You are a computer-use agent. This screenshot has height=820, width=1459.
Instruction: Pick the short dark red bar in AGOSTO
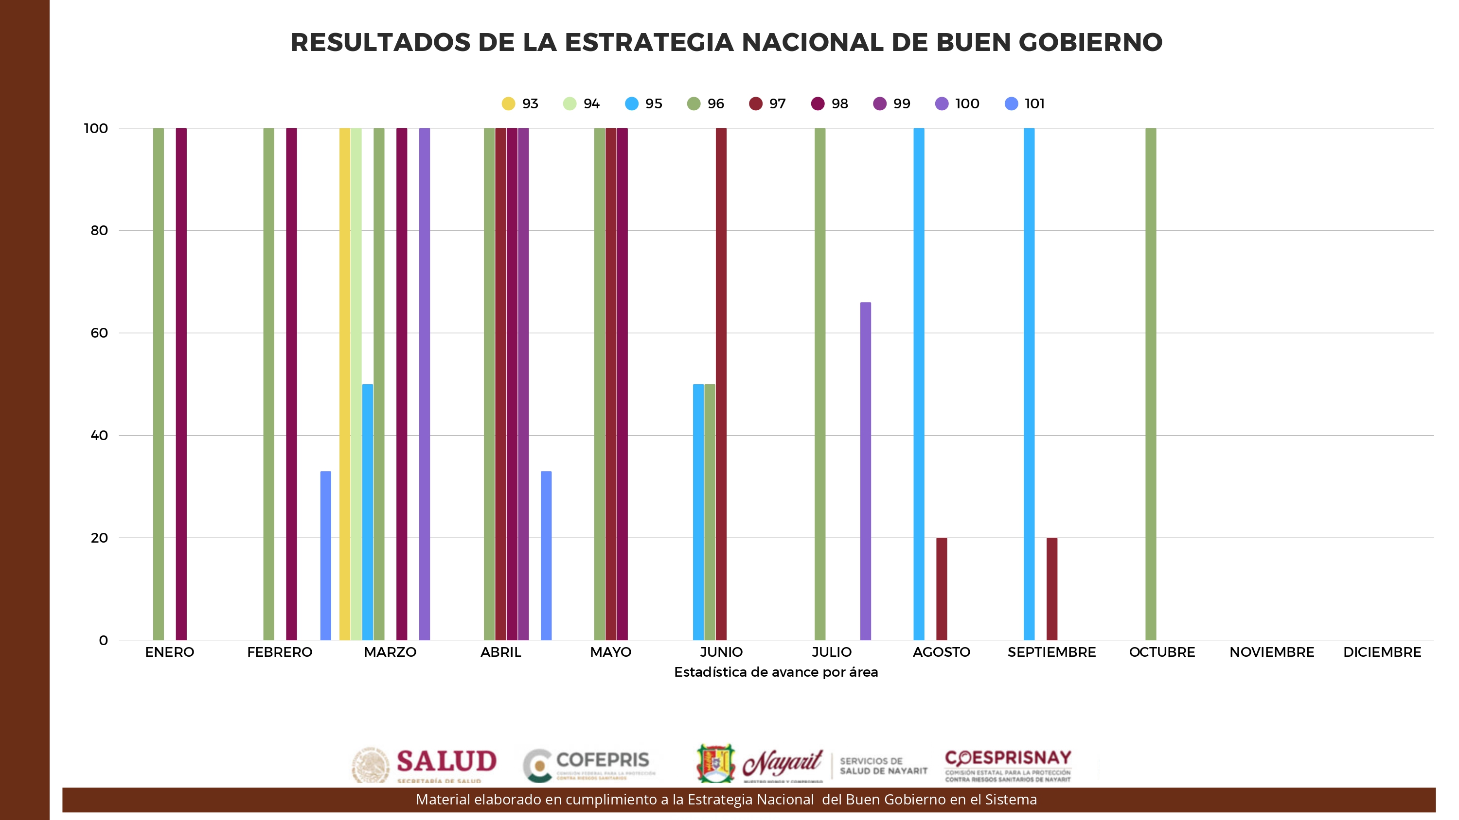(x=942, y=589)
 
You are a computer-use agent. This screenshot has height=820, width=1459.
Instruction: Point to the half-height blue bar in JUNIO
(x=698, y=512)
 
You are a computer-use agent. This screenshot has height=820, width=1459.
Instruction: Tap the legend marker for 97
(x=756, y=103)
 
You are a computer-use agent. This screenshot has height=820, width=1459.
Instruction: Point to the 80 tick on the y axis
(x=99, y=230)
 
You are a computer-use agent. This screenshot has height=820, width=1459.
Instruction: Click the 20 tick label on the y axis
(x=99, y=538)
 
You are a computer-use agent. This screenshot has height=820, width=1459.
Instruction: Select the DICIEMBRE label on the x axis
(x=1382, y=652)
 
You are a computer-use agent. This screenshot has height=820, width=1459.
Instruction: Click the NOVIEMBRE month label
(x=1272, y=652)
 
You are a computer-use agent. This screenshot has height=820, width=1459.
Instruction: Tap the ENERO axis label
(x=169, y=652)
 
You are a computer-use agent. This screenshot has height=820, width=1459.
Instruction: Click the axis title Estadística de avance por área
(x=775, y=672)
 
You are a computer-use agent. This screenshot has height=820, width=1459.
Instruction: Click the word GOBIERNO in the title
(x=1090, y=42)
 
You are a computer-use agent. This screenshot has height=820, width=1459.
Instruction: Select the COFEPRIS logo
(x=589, y=764)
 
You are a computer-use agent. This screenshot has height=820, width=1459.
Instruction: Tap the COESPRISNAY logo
(x=1008, y=764)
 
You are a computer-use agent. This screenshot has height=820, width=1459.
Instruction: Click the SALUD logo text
(x=446, y=761)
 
